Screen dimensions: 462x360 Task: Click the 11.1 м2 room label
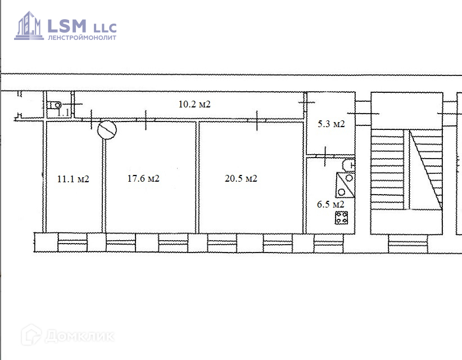tap(73, 179)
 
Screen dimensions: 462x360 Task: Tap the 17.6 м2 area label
tap(143, 178)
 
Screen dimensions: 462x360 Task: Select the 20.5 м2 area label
tap(241, 178)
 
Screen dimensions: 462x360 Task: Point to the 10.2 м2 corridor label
tap(194, 104)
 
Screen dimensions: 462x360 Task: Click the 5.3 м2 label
tap(331, 124)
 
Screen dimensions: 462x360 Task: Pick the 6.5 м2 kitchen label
tap(330, 204)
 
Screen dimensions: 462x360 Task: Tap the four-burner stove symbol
tap(342, 218)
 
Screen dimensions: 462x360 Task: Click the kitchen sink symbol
tap(345, 185)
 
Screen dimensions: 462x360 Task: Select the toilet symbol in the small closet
tap(55, 105)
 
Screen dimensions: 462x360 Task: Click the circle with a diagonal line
tap(107, 130)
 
